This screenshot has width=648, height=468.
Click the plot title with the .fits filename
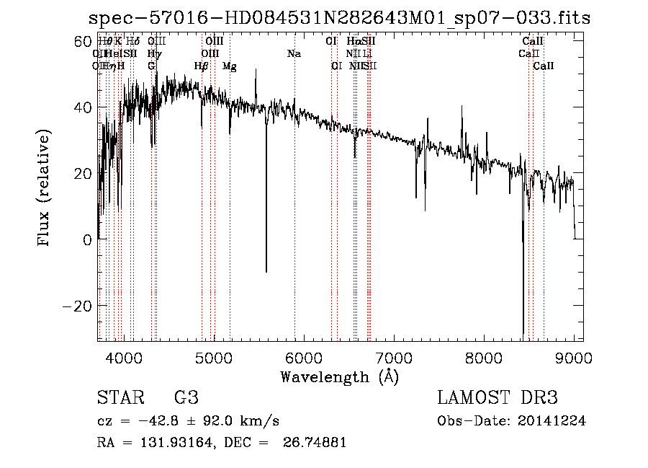[339, 18]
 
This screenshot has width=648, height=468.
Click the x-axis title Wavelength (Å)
[339, 376]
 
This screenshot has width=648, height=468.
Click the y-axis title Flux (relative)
[45, 188]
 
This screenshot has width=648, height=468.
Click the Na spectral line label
[294, 54]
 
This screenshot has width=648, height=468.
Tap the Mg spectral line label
[230, 66]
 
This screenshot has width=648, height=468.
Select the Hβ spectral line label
[202, 66]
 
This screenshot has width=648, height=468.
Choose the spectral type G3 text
[186, 399]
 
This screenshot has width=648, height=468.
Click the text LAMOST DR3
[498, 399]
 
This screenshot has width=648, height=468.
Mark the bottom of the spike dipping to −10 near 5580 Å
[266, 272]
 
